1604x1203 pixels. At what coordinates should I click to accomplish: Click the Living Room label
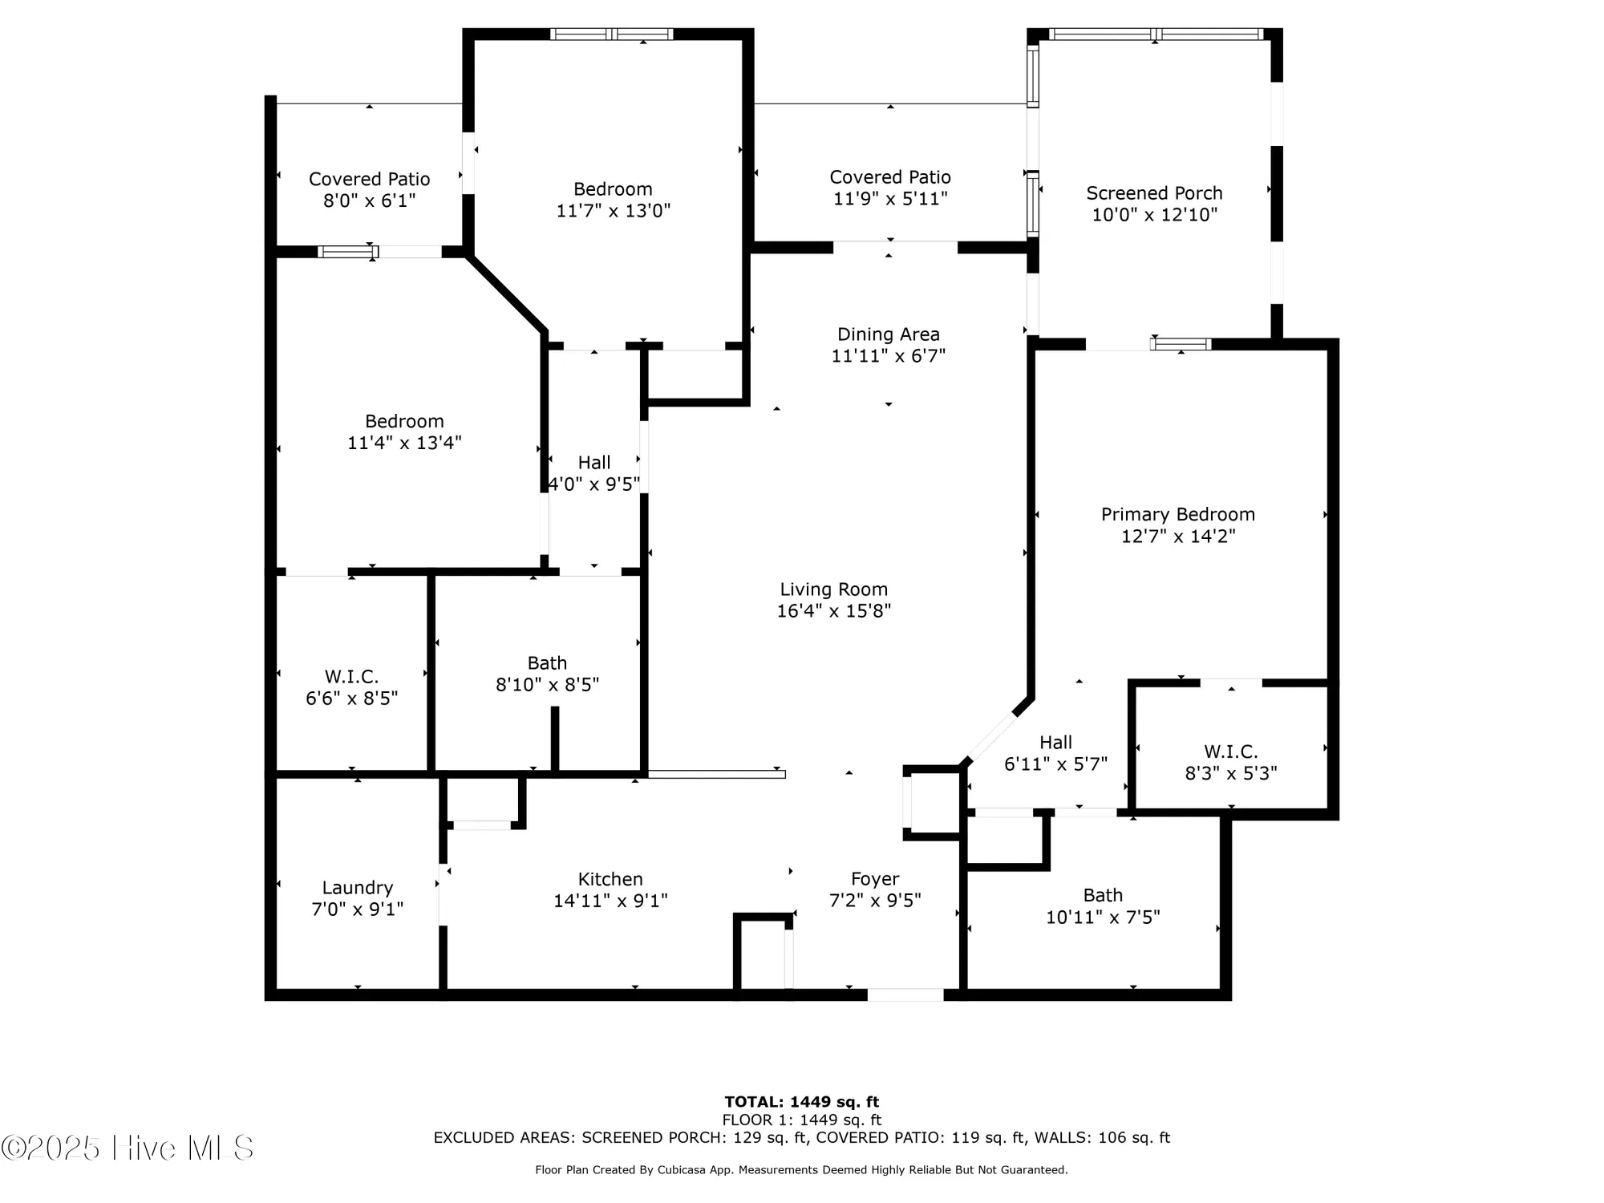click(x=833, y=589)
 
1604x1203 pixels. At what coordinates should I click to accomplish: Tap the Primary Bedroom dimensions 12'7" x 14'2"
click(x=1177, y=536)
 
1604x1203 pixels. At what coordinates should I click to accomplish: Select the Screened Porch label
click(x=1154, y=193)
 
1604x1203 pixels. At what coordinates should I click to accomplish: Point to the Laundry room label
click(x=357, y=888)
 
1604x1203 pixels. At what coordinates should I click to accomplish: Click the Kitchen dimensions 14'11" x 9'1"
click(x=610, y=901)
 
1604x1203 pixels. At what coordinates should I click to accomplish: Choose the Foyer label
click(x=875, y=879)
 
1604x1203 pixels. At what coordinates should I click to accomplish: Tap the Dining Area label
click(x=888, y=334)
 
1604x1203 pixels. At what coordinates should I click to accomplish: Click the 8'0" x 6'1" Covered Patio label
click(x=369, y=179)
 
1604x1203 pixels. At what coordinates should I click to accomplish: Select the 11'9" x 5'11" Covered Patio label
click(x=889, y=177)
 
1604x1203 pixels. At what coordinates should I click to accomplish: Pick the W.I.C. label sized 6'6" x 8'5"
click(x=351, y=676)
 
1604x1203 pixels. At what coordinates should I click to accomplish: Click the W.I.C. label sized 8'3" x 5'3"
click(x=1230, y=751)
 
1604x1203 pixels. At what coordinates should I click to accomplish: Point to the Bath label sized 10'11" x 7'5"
click(x=1103, y=895)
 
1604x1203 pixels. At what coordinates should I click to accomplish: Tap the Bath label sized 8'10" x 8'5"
click(x=547, y=663)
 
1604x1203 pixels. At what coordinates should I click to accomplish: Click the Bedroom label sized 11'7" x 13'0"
click(x=613, y=189)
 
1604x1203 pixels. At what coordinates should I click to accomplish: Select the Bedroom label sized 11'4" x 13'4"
click(x=404, y=421)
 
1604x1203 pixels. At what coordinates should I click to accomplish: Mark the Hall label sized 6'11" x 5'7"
click(x=1055, y=743)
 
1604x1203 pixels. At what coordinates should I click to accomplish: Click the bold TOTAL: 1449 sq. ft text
click(x=801, y=1102)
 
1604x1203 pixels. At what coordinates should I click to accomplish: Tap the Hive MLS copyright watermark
click(x=128, y=1148)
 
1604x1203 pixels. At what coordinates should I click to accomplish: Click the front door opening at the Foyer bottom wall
click(x=905, y=994)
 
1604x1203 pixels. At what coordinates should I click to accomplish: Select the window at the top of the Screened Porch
click(x=1155, y=34)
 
